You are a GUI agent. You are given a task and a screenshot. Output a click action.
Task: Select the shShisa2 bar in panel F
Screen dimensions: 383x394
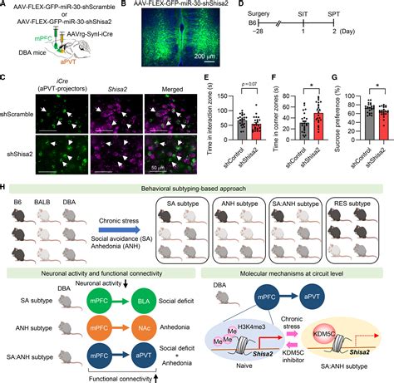coord(316,128)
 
